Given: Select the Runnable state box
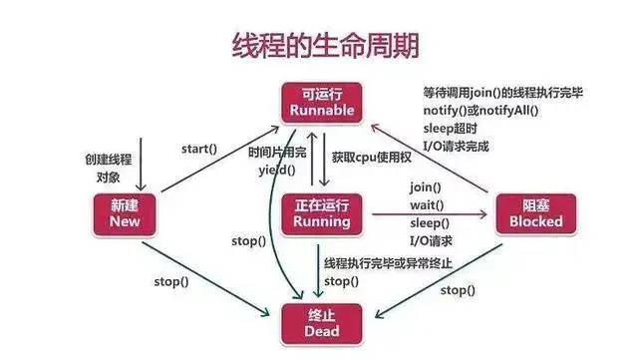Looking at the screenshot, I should click(319, 102).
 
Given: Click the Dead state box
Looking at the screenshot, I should click(321, 323).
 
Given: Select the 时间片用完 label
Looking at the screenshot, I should click(276, 154).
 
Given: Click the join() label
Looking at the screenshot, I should click(426, 186).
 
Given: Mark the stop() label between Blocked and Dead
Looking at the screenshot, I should click(458, 289).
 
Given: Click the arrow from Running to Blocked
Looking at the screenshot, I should click(429, 214).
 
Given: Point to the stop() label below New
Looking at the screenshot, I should click(170, 281).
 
